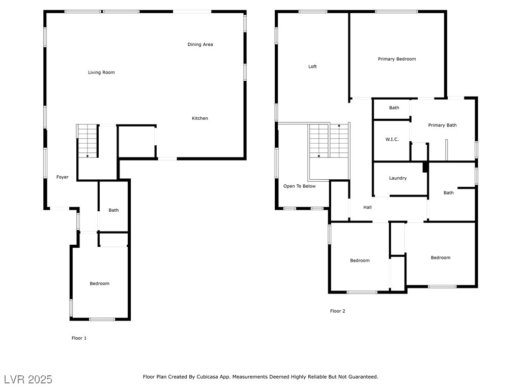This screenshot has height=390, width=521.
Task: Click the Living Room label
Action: (x=101, y=72)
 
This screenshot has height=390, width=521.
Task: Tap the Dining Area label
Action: (x=200, y=45)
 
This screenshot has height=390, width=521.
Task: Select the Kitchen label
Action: (x=199, y=118)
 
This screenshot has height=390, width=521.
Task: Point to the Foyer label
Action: (x=63, y=177)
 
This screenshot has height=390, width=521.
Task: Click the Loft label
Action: (x=312, y=67)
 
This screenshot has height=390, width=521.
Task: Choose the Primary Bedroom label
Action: (x=397, y=59)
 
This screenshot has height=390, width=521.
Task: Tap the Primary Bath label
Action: (x=442, y=125)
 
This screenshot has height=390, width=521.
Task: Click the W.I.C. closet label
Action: (x=392, y=139)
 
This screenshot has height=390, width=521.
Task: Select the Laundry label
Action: (x=398, y=178)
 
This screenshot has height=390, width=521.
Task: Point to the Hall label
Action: (x=367, y=207)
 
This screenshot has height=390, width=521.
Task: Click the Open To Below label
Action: (x=299, y=186)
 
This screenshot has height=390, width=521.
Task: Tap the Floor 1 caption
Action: (x=79, y=338)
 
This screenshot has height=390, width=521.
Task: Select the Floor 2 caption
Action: (x=338, y=311)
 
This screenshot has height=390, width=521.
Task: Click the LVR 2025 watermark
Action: (x=28, y=379)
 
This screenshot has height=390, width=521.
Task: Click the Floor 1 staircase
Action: (x=88, y=141)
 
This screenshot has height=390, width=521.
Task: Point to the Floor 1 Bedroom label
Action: (x=99, y=283)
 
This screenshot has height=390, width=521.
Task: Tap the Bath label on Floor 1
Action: (x=113, y=210)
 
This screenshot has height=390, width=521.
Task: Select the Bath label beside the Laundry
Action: (x=449, y=192)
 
